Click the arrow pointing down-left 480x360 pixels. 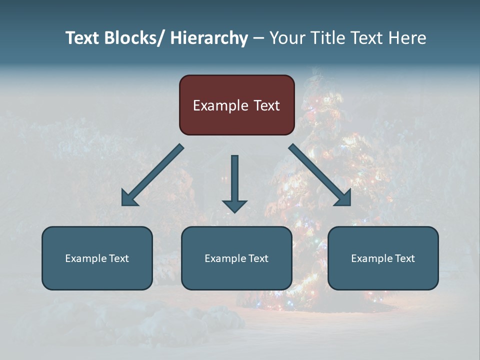155,173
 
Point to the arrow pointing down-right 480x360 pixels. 318,173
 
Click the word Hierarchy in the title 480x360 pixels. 209,38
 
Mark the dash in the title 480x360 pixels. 258,38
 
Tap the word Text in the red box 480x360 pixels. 266,105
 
